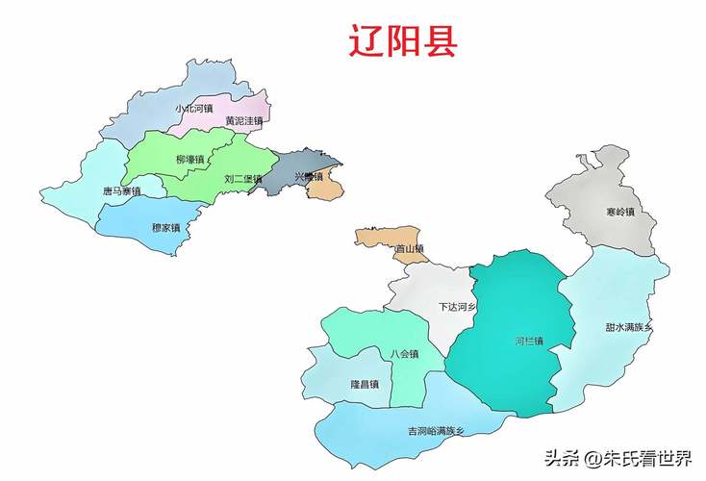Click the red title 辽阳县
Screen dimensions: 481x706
coord(402,41)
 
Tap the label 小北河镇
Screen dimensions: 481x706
coord(193,109)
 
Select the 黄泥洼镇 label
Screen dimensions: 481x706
coord(243,121)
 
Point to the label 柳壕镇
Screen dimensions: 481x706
coord(190,159)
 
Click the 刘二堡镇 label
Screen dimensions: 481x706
coord(242,179)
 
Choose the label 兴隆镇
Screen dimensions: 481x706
coord(309,177)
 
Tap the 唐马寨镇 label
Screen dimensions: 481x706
coord(121,191)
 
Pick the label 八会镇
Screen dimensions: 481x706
coord(404,354)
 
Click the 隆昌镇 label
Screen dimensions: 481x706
coord(365,385)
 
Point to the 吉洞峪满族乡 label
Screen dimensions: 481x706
coord(436,430)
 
